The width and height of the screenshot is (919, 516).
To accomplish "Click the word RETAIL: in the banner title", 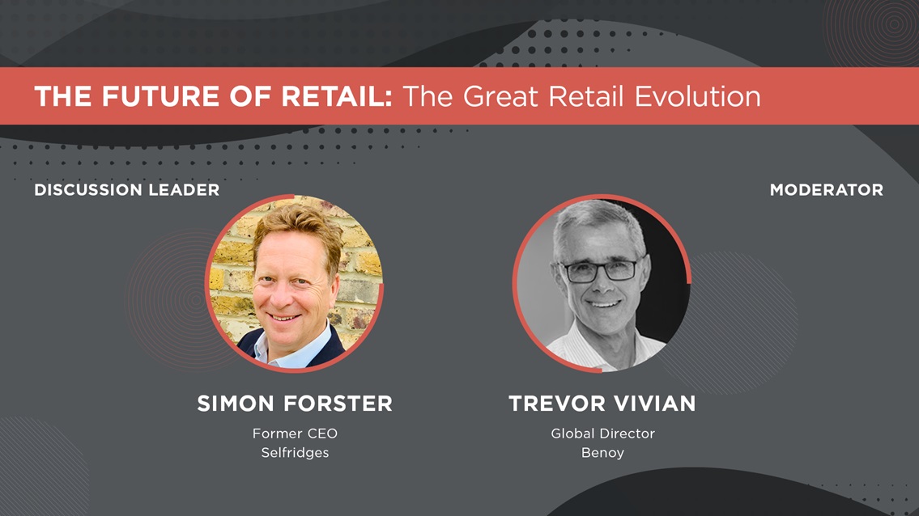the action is point(336,96).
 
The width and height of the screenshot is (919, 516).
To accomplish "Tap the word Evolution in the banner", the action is point(697,96).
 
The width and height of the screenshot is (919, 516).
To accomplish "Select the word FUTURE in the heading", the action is point(160,96).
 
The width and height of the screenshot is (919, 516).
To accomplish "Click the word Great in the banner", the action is point(500,96).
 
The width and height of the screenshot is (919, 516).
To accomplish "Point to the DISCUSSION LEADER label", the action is point(126,190).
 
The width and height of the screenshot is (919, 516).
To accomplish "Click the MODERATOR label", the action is point(827,190).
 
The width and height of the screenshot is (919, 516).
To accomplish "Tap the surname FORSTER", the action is point(338,404).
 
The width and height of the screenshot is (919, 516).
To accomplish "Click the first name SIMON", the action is point(236,404).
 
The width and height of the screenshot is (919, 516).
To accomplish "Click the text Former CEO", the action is point(295,434).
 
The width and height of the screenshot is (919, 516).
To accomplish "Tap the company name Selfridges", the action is point(295,453).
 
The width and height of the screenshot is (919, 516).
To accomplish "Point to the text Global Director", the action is point(602,434).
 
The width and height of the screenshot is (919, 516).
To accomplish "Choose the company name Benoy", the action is point(602,453).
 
